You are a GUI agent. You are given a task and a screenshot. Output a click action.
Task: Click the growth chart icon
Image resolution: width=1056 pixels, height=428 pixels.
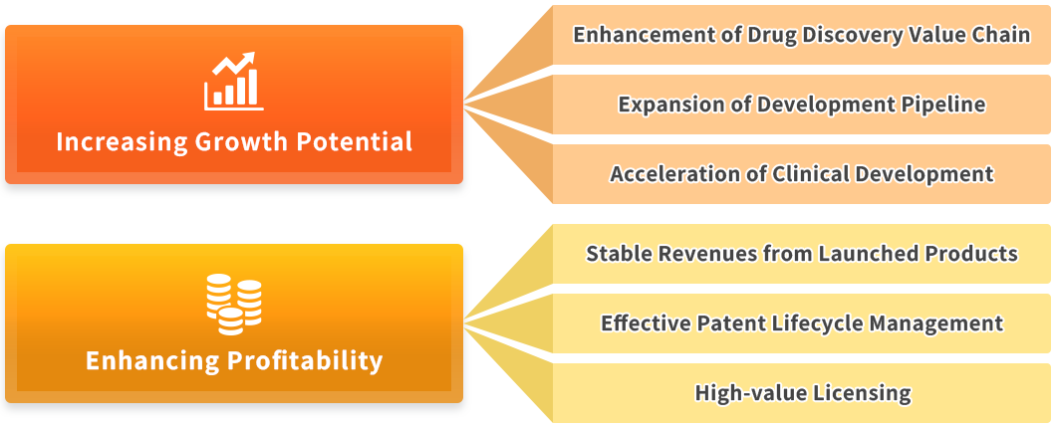click(234, 81)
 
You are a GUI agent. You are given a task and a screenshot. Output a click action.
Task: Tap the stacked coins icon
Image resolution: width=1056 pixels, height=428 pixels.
click(234, 305)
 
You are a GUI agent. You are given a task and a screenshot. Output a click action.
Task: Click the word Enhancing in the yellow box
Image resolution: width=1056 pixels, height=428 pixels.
click(152, 360)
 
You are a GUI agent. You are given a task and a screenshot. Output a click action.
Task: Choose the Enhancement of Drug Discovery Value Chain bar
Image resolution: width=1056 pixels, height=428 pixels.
click(801, 35)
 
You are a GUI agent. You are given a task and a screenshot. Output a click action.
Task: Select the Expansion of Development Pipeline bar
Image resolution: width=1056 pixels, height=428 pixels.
click(801, 105)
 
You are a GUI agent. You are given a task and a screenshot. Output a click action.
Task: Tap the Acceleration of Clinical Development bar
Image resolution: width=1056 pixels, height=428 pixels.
click(801, 173)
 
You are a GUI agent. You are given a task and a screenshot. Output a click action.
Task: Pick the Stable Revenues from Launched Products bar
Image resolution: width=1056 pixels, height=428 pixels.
click(801, 254)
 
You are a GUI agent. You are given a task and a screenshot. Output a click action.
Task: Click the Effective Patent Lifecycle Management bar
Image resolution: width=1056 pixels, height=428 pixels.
click(801, 323)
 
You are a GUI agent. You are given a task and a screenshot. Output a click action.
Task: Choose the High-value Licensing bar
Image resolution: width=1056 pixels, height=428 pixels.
click(801, 393)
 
